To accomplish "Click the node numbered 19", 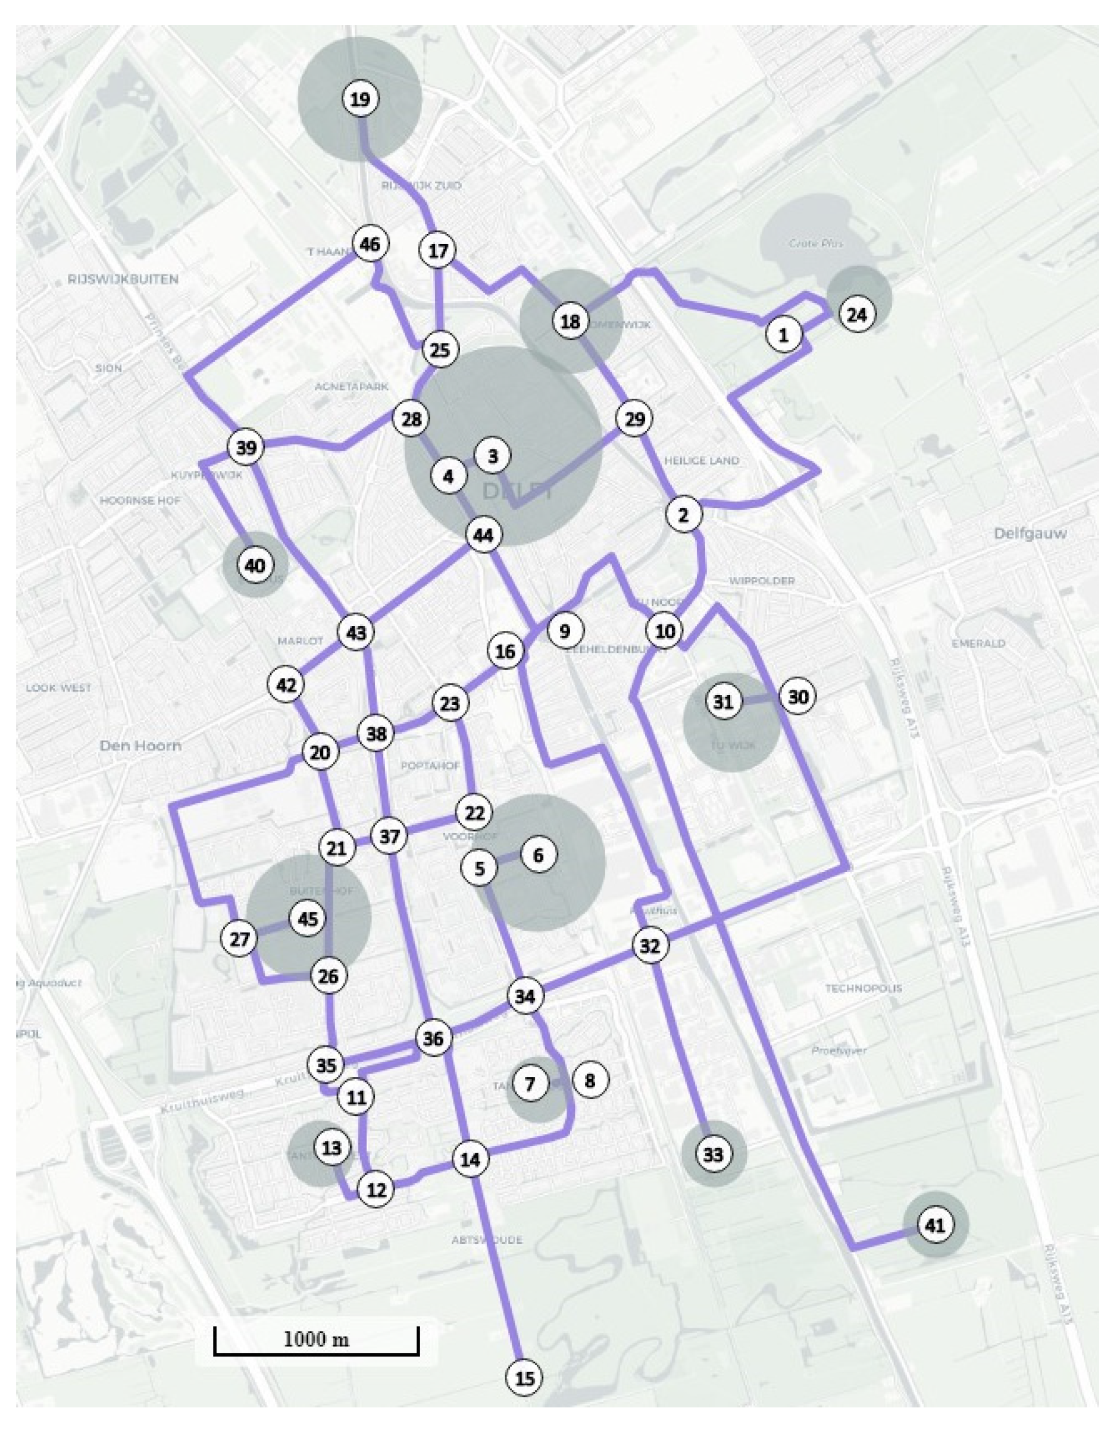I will [x=360, y=100].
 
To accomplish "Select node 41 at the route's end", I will [x=935, y=1224].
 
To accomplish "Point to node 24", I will [x=857, y=315].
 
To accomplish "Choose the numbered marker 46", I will [x=370, y=244].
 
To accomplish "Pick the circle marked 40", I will [x=255, y=565].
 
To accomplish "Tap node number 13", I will [x=332, y=1147].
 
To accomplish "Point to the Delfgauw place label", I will [x=1030, y=533].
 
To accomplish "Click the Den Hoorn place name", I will [x=140, y=746].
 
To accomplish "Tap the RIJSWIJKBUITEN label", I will [x=123, y=280].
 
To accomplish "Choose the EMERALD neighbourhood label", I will [x=978, y=644].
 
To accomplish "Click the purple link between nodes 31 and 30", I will [x=761, y=699].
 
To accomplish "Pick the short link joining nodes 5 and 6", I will [x=509, y=861].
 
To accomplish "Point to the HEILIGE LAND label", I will [x=702, y=461].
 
